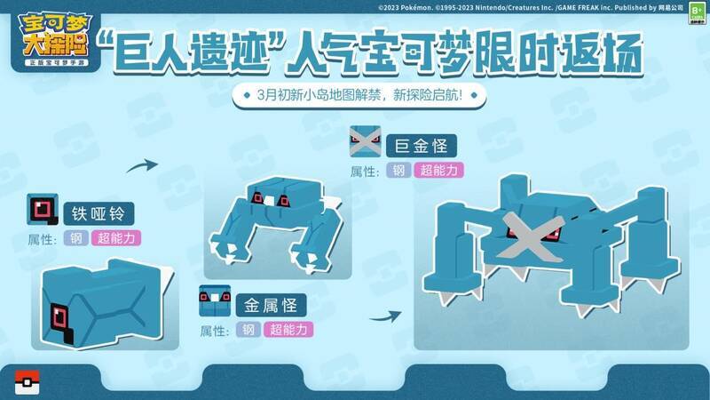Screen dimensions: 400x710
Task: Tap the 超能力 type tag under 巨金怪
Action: click(x=438, y=170)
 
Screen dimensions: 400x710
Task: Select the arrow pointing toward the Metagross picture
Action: click(x=383, y=314)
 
